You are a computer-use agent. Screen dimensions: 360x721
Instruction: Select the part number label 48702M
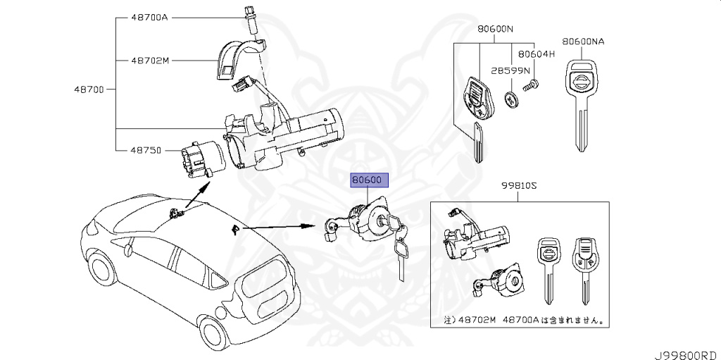pyautogui.click(x=150, y=61)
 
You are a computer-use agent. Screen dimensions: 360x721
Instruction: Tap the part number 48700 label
pyautogui.click(x=89, y=89)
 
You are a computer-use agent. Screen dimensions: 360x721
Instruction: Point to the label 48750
pyautogui.click(x=146, y=150)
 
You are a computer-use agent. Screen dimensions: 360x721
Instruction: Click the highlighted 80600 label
pyautogui.click(x=368, y=181)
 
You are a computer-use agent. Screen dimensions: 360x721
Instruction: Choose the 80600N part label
pyautogui.click(x=495, y=30)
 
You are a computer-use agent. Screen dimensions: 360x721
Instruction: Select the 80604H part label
pyautogui.click(x=537, y=54)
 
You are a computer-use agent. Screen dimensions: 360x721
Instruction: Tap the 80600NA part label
pyautogui.click(x=584, y=42)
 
